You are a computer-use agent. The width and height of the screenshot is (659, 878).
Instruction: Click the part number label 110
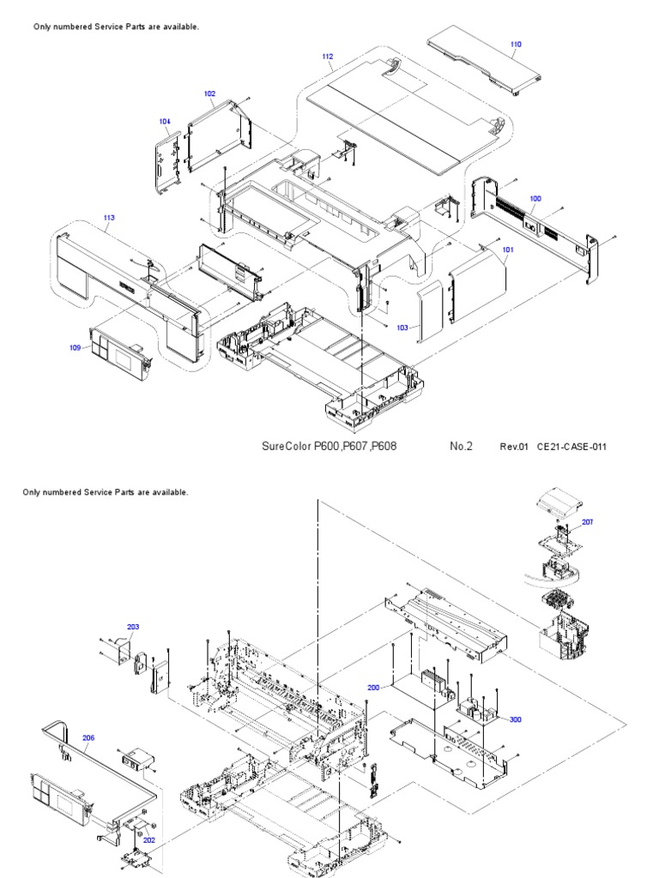[516, 44]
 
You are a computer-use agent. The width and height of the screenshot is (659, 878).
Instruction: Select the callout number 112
[328, 57]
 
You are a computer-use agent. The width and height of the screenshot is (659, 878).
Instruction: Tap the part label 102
[209, 93]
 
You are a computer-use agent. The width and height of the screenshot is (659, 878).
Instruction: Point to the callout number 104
[165, 122]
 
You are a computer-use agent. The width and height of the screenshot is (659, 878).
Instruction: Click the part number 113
[108, 218]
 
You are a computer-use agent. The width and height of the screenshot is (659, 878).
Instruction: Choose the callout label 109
[76, 347]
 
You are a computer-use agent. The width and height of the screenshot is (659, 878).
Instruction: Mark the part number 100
[535, 198]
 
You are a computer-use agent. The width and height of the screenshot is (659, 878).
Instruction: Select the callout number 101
[508, 250]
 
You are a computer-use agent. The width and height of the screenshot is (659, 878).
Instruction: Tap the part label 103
[402, 328]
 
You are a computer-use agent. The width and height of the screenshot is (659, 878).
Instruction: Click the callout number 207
[587, 521]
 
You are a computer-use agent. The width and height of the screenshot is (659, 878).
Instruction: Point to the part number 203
[133, 627]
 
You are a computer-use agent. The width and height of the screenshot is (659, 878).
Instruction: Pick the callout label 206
[88, 737]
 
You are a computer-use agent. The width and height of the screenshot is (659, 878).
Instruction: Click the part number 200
[373, 688]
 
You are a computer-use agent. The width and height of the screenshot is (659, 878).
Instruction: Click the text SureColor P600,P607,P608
[329, 446]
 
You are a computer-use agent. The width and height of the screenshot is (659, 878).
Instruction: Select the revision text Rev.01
[515, 447]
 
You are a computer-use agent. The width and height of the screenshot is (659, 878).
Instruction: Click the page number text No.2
[461, 446]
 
